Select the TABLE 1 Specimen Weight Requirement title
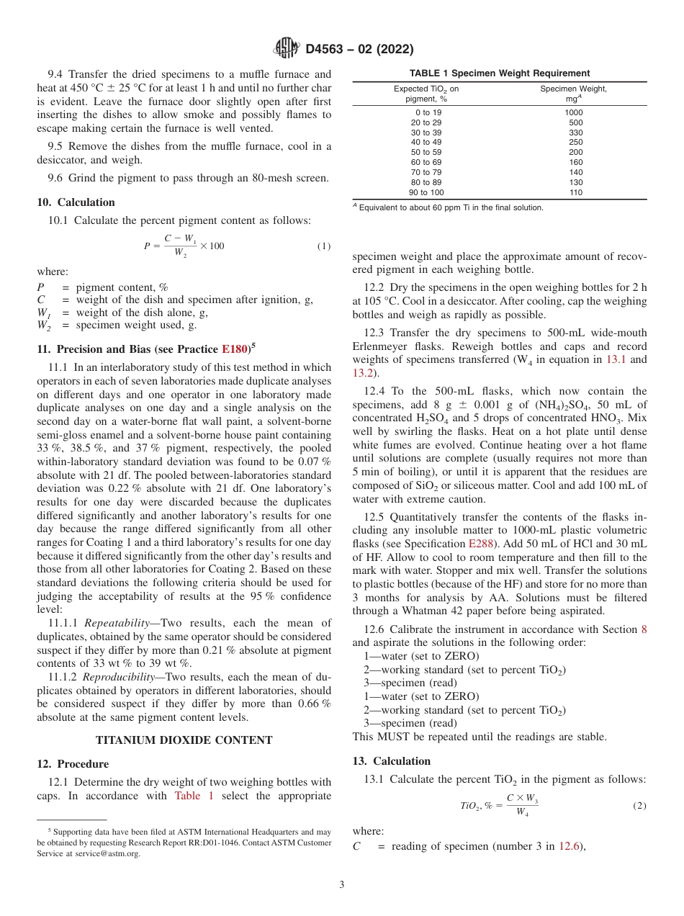click(x=499, y=73)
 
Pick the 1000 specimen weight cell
click(x=574, y=112)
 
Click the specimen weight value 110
click(x=575, y=193)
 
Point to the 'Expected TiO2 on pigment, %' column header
click(x=426, y=94)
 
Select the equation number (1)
click(x=324, y=246)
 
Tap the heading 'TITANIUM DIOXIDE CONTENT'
click(x=184, y=740)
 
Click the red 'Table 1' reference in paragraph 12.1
click(x=194, y=796)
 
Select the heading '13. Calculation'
click(x=391, y=761)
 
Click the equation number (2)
click(x=639, y=806)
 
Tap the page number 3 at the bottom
click(x=342, y=885)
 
